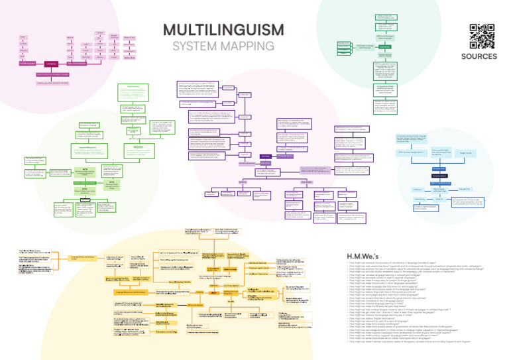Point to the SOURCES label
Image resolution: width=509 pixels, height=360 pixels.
[479, 56]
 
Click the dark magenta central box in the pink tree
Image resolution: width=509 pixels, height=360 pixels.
[52, 64]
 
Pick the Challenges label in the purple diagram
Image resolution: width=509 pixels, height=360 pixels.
[306, 182]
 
